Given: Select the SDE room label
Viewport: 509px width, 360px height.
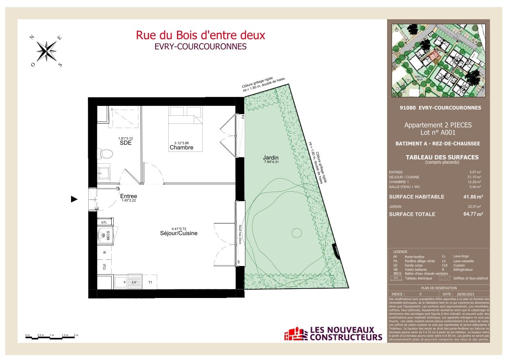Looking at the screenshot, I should (125, 143).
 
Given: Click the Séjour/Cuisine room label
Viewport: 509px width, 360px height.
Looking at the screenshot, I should (179, 233).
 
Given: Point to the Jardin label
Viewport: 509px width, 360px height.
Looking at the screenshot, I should (271, 157).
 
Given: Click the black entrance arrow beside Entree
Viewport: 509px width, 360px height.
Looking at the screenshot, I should (74, 199).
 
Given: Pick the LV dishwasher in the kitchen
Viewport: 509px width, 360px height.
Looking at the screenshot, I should (134, 282).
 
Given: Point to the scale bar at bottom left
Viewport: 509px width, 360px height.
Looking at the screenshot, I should (51, 336).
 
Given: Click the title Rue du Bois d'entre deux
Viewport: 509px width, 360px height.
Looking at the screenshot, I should (200, 35).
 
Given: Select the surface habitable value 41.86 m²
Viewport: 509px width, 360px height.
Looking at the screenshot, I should (473, 197).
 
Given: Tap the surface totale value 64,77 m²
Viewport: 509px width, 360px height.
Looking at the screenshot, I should (473, 214).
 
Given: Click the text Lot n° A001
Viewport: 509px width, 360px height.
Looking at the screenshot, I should (438, 133).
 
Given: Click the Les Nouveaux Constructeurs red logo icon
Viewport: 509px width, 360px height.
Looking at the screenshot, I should (296, 334).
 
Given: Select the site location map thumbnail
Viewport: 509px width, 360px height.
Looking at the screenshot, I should (438, 60).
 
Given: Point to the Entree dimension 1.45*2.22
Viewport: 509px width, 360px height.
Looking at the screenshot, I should (128, 201).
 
